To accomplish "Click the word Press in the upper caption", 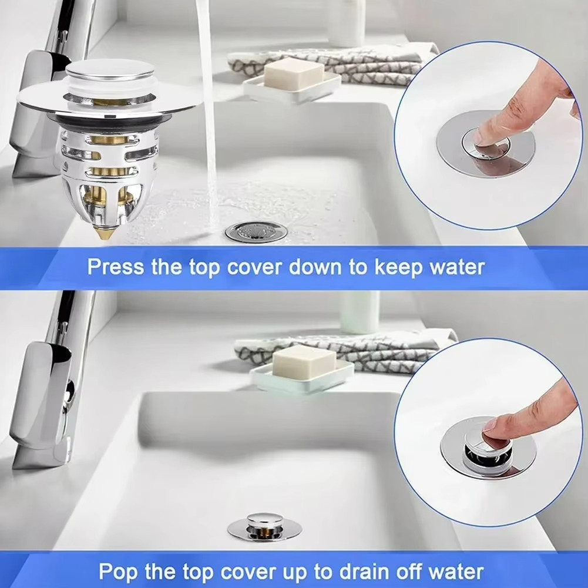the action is [116, 267].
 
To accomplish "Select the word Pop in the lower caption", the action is [117, 572].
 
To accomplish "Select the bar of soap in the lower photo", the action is [304, 361].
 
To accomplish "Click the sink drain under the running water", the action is [256, 232].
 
